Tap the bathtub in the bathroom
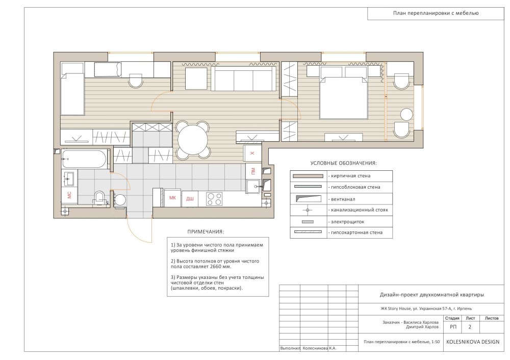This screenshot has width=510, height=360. point(84,160)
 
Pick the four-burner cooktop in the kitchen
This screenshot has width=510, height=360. point(214,199)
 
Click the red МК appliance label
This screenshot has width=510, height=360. point(173,197)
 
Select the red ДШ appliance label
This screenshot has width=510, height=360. point(190,199)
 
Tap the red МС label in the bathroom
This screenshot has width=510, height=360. point(69,195)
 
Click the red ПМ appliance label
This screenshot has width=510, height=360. point(253,170)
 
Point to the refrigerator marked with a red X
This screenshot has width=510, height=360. point(252,153)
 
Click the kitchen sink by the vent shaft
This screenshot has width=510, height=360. point(253,186)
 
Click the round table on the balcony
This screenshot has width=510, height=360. point(406,115)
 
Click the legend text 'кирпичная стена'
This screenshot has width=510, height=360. point(351,176)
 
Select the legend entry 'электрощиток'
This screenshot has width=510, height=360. point(348,222)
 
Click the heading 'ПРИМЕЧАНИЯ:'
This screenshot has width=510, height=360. point(206,232)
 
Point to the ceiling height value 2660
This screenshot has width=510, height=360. point(217,266)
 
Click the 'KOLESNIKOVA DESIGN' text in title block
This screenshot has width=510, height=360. point(473,342)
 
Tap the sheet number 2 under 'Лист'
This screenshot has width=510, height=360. point(470,327)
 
